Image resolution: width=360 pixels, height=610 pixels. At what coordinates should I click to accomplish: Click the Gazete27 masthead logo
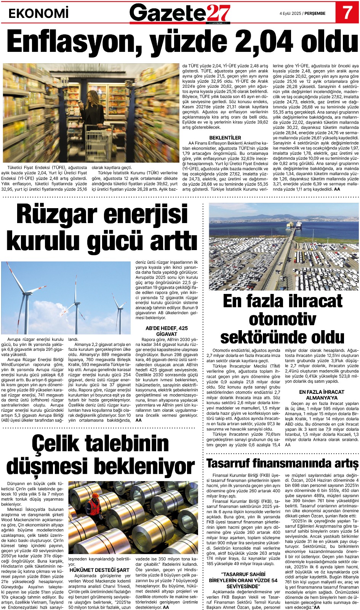180,13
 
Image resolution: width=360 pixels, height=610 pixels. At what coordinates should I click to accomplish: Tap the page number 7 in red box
347,13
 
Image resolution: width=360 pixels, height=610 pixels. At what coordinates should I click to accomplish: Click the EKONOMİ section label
38,14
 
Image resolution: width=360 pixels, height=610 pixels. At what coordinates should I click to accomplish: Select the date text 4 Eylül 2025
290,13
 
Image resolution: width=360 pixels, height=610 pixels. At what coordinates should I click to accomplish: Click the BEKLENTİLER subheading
225,138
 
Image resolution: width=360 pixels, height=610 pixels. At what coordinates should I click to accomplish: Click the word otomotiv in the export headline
282,319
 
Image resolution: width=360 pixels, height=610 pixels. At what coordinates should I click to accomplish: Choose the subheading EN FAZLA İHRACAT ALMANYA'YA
322,395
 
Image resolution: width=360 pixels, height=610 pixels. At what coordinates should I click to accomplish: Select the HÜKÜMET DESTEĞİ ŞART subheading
99,570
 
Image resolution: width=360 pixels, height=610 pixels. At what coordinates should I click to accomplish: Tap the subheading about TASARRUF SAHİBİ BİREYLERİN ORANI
243,580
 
